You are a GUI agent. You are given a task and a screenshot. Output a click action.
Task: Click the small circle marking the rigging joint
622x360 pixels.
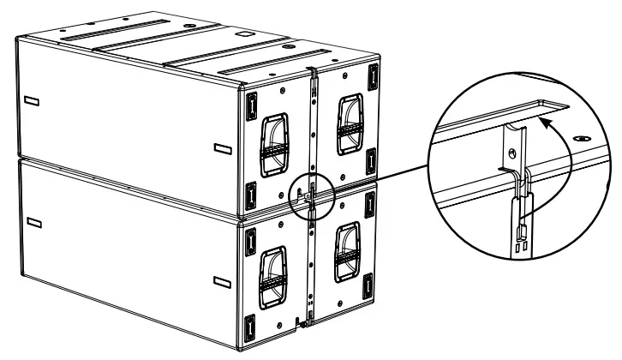(310, 193)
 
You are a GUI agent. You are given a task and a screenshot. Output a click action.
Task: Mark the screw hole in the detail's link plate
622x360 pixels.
(512, 154)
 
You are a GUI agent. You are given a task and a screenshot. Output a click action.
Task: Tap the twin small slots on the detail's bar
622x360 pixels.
(520, 242)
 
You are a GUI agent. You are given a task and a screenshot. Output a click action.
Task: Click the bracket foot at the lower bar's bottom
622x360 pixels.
(301, 323)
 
